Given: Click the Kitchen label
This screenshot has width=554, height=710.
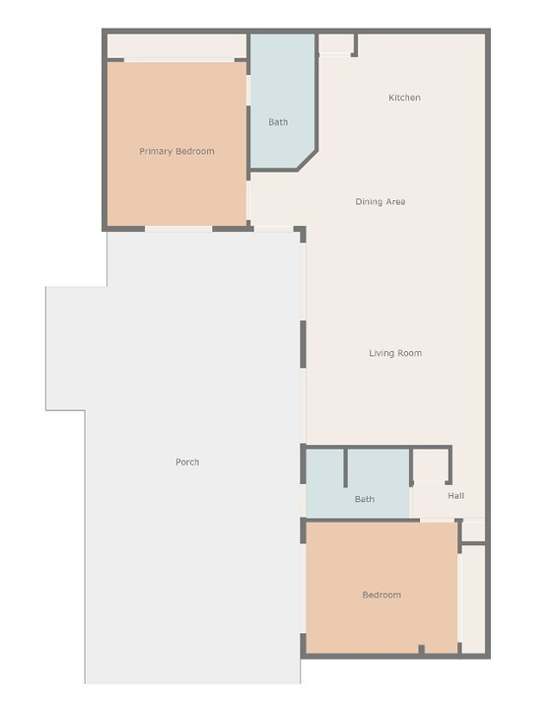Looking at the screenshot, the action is (404, 98).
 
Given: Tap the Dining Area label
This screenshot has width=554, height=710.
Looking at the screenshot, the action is (381, 201).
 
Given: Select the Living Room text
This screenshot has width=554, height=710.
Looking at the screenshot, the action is (395, 353).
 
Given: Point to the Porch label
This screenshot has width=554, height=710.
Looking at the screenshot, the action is (187, 461).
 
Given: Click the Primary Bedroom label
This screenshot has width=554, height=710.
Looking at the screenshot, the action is (176, 151).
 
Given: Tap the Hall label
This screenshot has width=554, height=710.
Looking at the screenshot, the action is (455, 496).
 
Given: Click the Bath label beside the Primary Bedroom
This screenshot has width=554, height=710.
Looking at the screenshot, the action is (278, 122).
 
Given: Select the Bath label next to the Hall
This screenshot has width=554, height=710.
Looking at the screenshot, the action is (365, 499).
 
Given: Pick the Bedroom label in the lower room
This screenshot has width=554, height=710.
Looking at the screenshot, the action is (381, 595).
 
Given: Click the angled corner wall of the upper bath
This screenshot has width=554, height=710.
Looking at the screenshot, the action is (307, 161).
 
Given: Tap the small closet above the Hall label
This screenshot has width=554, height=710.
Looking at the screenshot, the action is (431, 465).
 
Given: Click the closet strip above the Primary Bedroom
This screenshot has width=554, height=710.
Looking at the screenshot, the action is (177, 45).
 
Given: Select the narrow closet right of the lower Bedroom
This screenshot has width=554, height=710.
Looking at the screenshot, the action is (473, 599).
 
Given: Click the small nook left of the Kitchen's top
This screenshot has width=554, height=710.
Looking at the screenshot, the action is (335, 44).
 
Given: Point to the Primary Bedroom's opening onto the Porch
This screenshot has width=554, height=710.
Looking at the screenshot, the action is (178, 229).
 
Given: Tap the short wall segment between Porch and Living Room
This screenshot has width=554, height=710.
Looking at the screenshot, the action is (303, 344).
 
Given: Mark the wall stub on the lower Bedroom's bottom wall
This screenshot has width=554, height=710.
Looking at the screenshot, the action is (421, 649).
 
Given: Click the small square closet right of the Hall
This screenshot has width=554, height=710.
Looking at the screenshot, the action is (474, 532).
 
